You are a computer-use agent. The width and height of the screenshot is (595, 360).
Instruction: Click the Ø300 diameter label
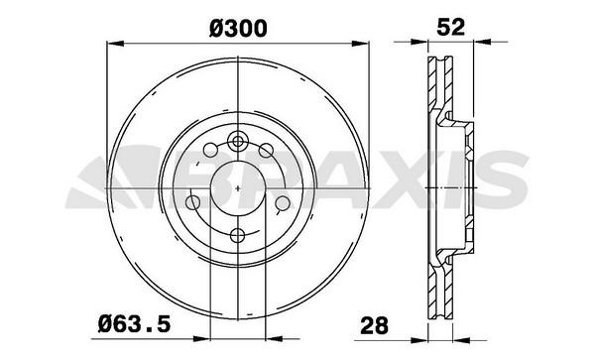(x=238, y=29)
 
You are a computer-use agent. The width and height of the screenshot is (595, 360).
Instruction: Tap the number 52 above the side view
(x=450, y=27)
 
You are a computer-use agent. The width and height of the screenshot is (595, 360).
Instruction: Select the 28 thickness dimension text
(x=375, y=325)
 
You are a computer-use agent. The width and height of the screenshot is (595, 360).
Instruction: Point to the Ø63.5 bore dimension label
(x=134, y=324)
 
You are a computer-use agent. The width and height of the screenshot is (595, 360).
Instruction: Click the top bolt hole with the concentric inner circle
(x=238, y=142)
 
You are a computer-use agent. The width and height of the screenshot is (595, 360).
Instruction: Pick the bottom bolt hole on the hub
(x=238, y=236)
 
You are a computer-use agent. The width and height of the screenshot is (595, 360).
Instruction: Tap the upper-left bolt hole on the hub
(x=210, y=150)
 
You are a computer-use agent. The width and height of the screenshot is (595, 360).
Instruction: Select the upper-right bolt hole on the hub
(x=266, y=150)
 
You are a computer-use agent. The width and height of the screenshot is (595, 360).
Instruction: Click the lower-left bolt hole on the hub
(x=192, y=203)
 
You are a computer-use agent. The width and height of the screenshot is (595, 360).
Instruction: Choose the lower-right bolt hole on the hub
(x=283, y=203)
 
